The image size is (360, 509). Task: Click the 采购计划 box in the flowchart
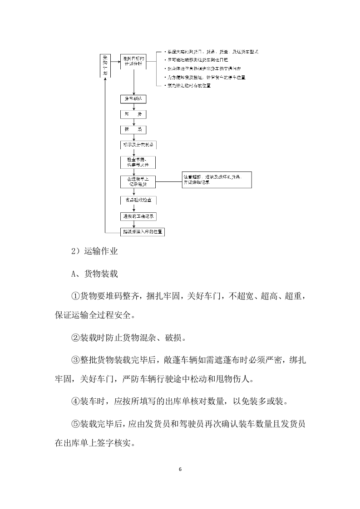[x=105, y=65]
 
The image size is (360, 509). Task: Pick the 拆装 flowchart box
[x=133, y=130]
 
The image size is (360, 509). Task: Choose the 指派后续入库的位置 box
[x=142, y=232]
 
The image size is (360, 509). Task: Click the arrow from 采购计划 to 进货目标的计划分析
[x=115, y=59]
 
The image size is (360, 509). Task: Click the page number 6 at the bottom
[x=180, y=469]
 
